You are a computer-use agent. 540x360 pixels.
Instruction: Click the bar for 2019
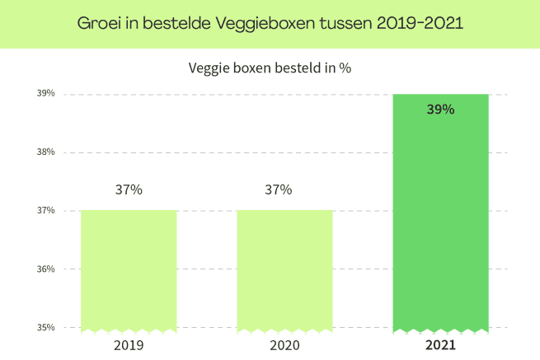click(129, 271)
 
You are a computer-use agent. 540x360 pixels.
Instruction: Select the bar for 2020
click(284, 271)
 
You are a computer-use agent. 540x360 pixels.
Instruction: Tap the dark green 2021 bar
click(441, 213)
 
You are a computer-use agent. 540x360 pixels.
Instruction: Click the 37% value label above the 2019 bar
click(129, 189)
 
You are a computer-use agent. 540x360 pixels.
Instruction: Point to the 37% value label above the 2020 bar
click(279, 189)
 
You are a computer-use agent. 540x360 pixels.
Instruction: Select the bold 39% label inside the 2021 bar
click(441, 110)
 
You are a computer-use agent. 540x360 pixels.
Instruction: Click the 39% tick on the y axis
click(46, 93)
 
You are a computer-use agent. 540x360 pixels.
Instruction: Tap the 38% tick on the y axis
click(46, 152)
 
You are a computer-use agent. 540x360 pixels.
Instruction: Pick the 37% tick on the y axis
click(46, 210)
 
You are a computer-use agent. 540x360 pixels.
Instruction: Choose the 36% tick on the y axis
click(46, 269)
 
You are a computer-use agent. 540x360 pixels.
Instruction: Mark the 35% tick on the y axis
click(46, 327)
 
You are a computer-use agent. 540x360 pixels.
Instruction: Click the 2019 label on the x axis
click(129, 345)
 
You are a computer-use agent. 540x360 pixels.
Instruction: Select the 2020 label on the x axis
click(284, 345)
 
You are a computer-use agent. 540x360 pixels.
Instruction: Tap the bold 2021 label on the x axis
click(441, 345)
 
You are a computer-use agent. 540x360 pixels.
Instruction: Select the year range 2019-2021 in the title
click(420, 23)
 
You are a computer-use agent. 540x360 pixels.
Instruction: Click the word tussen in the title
click(345, 24)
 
